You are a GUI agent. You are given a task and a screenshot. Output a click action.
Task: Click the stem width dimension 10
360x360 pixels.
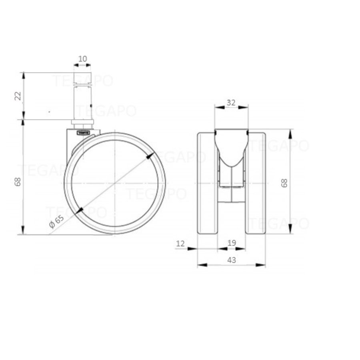pos(82,59)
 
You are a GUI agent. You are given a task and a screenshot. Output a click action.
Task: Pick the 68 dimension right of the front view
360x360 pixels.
pos(284,183)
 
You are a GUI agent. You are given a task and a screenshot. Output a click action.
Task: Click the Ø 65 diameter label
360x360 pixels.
pos(56,221)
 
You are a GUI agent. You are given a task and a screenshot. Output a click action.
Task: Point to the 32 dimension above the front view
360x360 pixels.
pos(231,102)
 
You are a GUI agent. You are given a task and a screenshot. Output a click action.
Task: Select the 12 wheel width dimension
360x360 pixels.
pos(180,243)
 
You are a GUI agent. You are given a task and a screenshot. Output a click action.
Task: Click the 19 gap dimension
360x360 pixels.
pos(232,243)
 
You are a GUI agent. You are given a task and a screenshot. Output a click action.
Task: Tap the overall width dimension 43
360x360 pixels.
pos(231,260)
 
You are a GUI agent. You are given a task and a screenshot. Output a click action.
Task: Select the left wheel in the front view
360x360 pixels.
pos(207,183)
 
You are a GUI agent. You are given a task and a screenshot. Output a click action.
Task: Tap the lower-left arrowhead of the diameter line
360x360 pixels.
pos(80,210)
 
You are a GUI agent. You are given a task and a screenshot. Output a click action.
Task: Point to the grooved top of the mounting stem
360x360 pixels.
pos(83,80)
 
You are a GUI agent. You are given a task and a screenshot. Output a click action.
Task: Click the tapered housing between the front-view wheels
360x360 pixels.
pos(231,152)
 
